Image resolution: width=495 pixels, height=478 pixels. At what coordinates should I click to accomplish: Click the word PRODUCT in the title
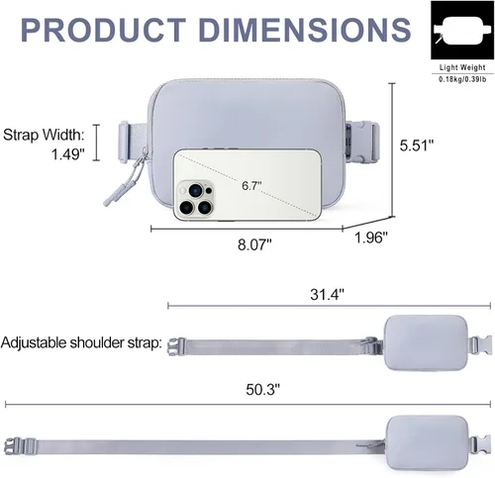103,30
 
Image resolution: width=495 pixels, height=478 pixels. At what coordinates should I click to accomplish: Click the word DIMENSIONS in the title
305,30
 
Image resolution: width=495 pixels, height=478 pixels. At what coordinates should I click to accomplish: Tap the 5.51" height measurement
417,145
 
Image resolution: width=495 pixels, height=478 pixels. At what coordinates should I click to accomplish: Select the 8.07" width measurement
254,244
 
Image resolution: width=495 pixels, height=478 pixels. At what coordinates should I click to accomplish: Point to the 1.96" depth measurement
371,238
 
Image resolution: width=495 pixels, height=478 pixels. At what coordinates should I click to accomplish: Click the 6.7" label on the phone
251,186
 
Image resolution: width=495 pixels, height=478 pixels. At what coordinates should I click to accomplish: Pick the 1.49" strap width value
68,154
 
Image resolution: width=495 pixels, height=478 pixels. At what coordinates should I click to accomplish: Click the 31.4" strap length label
327,294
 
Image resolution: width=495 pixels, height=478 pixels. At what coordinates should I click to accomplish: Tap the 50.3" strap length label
262,390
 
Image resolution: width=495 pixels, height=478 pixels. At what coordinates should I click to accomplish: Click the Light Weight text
462,67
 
